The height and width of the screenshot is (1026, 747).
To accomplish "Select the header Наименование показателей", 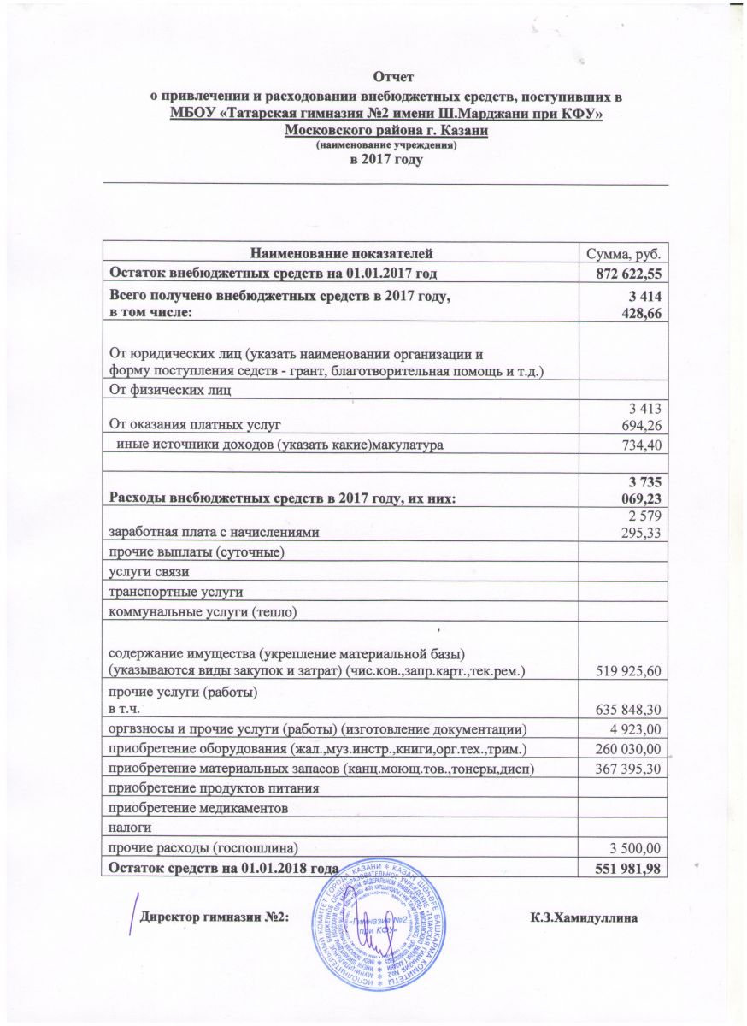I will tap(341, 254).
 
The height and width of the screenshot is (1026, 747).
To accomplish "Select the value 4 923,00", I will tap(640, 728).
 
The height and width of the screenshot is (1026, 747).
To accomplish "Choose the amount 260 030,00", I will tap(629, 749).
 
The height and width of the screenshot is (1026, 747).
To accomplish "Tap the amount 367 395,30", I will tap(629, 769).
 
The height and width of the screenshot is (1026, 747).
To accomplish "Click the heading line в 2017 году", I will tap(387, 160).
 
